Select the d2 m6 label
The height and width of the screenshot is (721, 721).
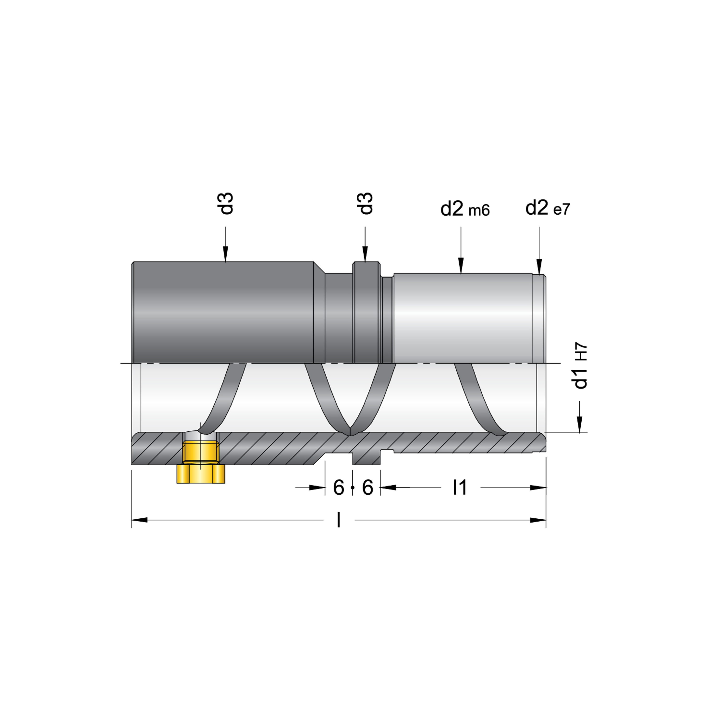[465, 209]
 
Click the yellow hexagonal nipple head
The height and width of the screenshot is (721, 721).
[201, 474]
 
